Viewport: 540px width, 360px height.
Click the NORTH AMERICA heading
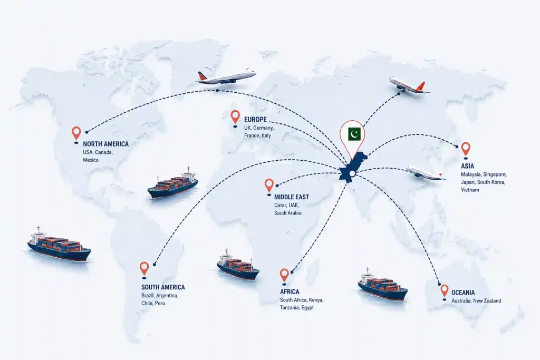[105, 144]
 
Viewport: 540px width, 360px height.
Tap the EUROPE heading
[255, 120]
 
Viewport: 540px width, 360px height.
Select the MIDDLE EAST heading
[291, 197]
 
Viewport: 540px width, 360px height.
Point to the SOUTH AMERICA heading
[163, 287]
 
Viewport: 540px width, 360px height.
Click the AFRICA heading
[290, 292]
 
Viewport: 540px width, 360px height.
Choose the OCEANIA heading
[463, 293]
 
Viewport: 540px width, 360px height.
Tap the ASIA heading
[467, 166]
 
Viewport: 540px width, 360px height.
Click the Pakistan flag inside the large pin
[354, 134]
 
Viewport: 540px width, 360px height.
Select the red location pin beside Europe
[235, 117]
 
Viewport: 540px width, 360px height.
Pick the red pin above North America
[76, 133]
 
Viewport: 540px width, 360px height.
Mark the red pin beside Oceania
[445, 291]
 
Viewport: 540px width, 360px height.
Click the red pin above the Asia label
[466, 149]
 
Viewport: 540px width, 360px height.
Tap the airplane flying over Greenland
[225, 76]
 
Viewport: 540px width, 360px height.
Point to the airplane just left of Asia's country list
[425, 172]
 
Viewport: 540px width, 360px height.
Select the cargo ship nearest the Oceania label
[383, 285]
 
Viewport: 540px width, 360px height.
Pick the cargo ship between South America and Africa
[238, 265]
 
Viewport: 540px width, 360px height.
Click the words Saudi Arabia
[287, 213]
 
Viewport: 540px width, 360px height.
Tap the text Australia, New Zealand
[476, 301]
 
